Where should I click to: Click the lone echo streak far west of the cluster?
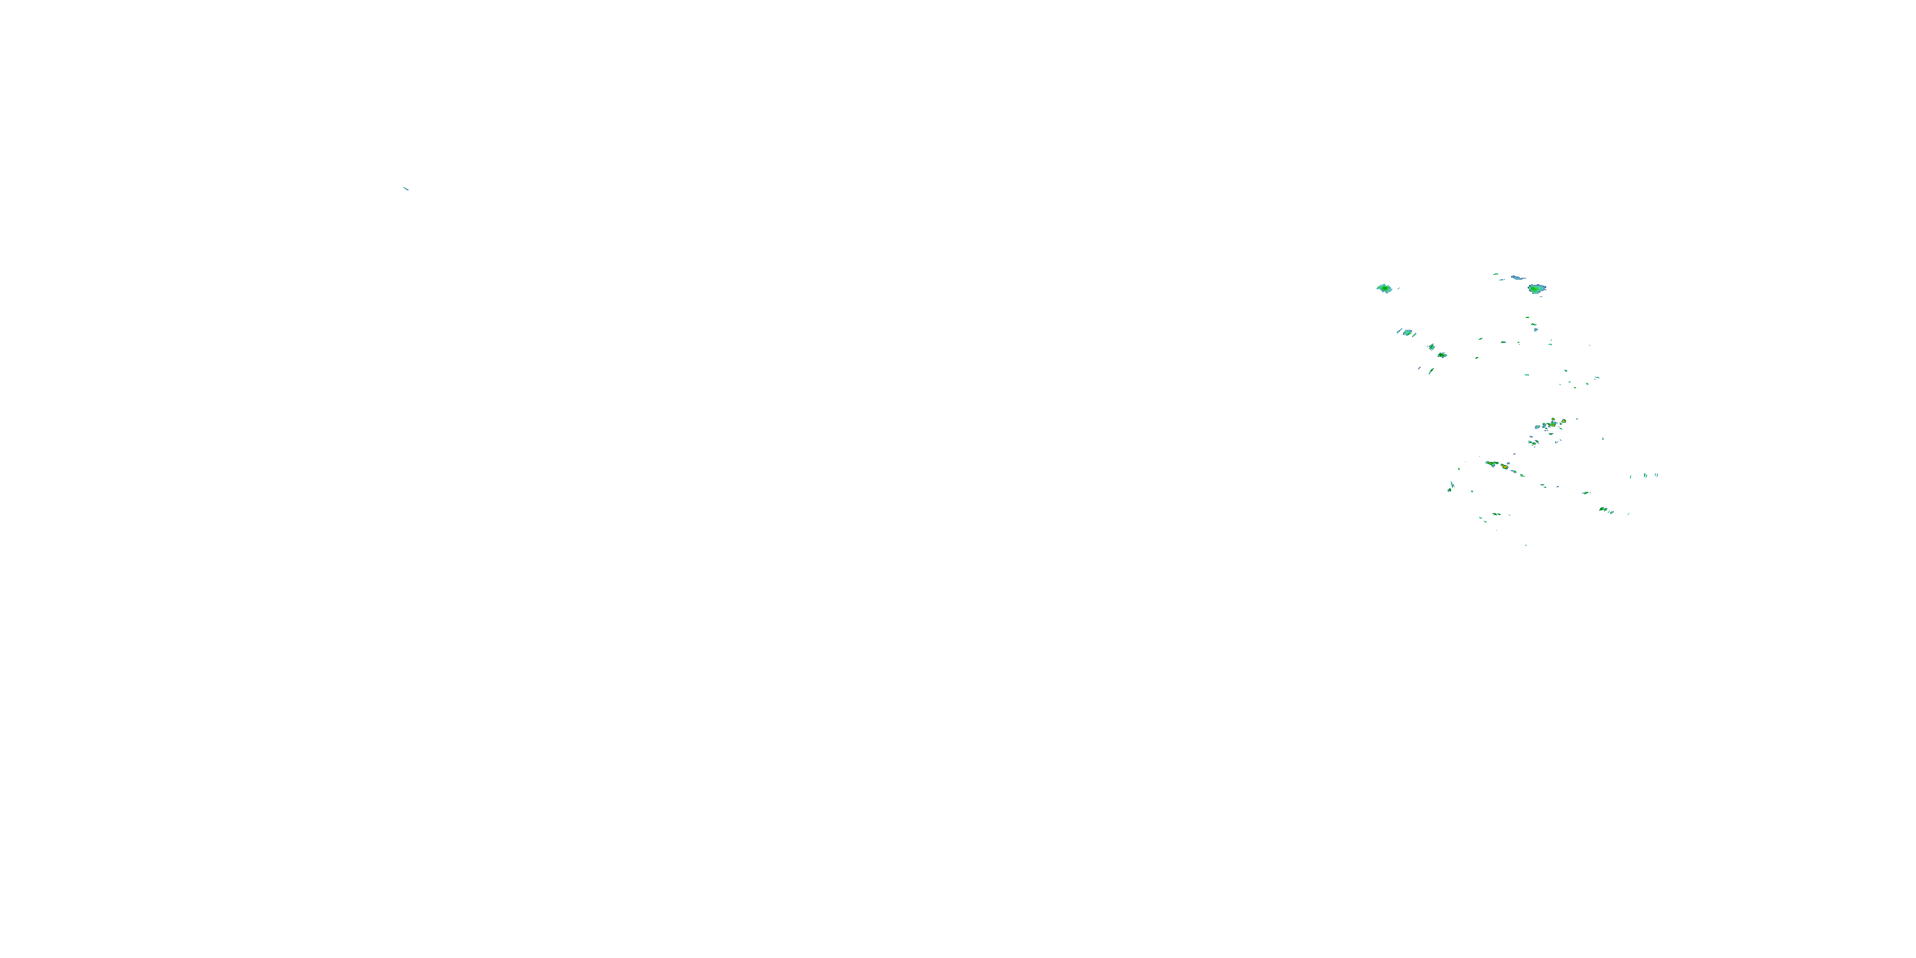(406, 188)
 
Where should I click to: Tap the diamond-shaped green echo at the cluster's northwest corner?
(1384, 288)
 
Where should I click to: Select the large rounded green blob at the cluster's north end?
(1537, 289)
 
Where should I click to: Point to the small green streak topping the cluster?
(1496, 274)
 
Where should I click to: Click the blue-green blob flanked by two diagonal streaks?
(1407, 333)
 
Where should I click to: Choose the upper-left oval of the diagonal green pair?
(1431, 347)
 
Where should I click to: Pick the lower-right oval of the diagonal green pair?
(1442, 355)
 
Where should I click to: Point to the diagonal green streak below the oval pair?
(1431, 370)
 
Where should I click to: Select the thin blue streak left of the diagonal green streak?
(1419, 368)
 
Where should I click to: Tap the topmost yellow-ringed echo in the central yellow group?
(1563, 420)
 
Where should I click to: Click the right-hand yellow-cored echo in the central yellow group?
(1554, 423)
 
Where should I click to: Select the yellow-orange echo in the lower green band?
(1505, 467)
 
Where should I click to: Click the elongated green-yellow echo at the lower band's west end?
(1491, 464)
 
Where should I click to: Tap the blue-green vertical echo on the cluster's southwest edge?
(1451, 487)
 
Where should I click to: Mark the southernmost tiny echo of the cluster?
(1526, 544)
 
